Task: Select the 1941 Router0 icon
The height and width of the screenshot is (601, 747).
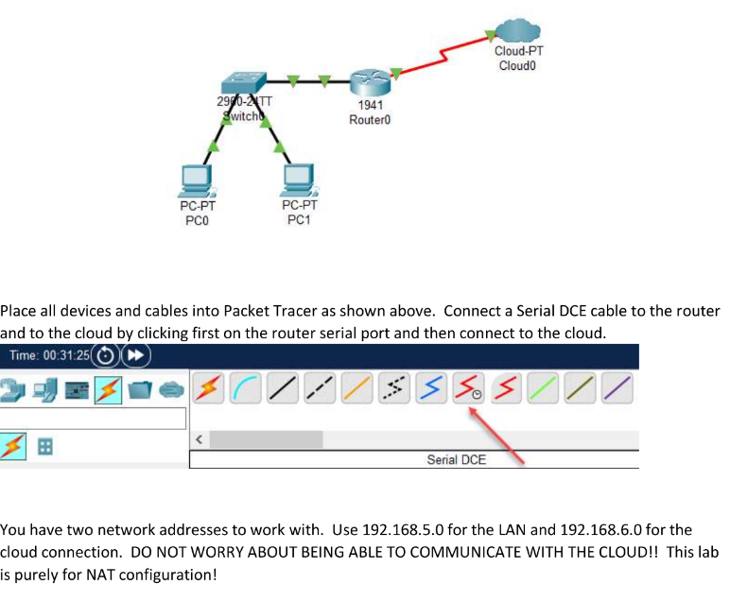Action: pos(367,82)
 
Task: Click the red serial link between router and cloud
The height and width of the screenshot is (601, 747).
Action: pos(444,54)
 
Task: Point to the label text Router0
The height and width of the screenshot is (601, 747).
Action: pos(370,120)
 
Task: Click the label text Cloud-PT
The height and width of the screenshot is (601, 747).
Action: pos(518,52)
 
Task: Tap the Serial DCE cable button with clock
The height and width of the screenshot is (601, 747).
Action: pos(465,388)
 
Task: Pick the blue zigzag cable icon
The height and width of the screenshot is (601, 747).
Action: pos(430,388)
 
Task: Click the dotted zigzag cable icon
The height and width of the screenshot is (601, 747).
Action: pos(394,388)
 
